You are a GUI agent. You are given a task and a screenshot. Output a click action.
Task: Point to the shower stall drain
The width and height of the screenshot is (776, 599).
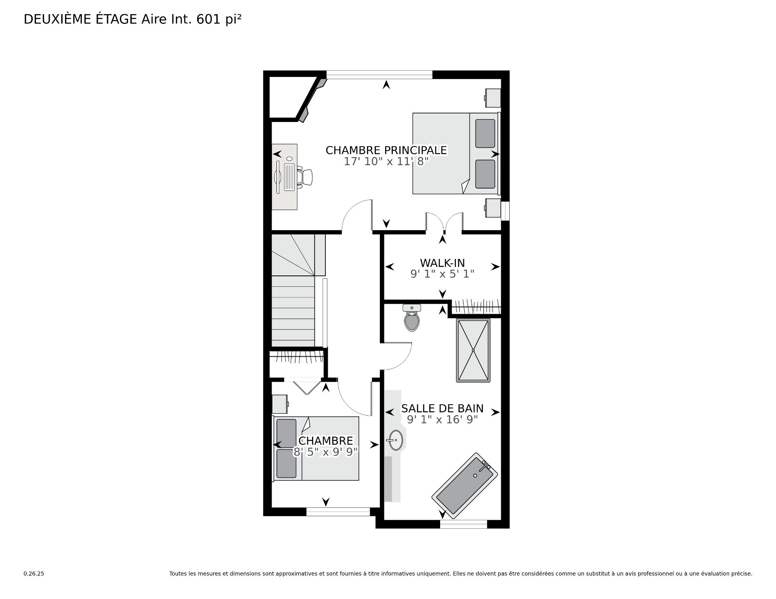(x=473, y=350)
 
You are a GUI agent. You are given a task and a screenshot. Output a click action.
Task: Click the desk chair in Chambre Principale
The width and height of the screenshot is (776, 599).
(x=305, y=177)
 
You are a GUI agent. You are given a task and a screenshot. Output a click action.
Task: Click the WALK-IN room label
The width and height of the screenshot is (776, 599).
(x=442, y=263)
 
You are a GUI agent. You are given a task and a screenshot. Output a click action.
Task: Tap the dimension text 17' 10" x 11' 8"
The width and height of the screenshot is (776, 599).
(x=386, y=162)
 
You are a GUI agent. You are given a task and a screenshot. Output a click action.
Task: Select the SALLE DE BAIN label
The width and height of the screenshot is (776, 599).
(x=442, y=408)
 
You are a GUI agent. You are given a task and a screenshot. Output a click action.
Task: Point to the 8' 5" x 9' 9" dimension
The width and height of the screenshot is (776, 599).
(x=326, y=452)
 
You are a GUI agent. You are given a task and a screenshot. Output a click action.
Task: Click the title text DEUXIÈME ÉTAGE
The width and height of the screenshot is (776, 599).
(x=81, y=19)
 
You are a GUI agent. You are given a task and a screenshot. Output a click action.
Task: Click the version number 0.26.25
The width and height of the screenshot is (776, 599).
(x=34, y=574)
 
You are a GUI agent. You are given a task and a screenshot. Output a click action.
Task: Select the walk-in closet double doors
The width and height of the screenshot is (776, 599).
(x=444, y=223)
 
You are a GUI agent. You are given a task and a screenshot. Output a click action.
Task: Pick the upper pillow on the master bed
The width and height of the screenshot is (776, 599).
(x=485, y=133)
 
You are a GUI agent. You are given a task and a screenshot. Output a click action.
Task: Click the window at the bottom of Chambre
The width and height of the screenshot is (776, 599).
(x=338, y=512)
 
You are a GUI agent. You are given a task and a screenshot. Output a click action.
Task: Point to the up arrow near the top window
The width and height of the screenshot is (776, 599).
(x=386, y=84)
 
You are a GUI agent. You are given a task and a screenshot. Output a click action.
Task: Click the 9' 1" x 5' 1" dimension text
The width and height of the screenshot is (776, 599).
(x=442, y=274)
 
